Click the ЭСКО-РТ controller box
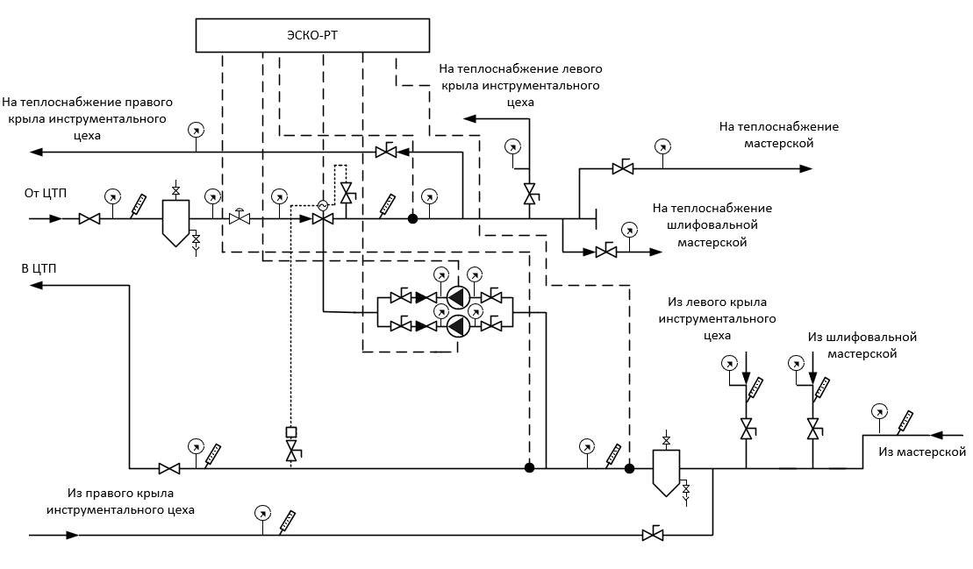click(x=312, y=35)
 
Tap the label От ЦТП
click(x=46, y=194)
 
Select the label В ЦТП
click(x=39, y=268)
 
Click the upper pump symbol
click(x=458, y=297)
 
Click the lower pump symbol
click(x=458, y=324)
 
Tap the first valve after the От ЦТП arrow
click(x=89, y=219)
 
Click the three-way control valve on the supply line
click(x=323, y=219)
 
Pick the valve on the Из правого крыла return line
click(x=653, y=534)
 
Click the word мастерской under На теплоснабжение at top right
click(x=779, y=143)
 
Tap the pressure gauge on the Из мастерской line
click(x=878, y=411)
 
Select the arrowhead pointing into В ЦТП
click(x=36, y=285)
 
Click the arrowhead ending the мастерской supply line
click(x=805, y=168)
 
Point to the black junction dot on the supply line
click(x=412, y=219)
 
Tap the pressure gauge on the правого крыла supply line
click(x=196, y=131)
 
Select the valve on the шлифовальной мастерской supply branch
click(x=606, y=252)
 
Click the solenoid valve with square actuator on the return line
click(x=291, y=445)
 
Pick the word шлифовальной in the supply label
click(x=712, y=225)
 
